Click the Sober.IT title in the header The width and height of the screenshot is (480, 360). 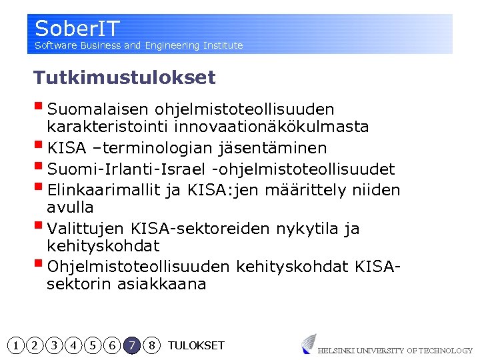pos(77,29)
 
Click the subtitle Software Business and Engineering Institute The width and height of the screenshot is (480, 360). pos(139,45)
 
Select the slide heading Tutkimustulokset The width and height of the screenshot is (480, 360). pos(125,78)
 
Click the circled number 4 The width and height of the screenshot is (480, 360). pos(74,345)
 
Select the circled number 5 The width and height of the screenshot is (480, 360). pos(93,345)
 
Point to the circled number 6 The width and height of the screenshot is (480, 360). pos(113,345)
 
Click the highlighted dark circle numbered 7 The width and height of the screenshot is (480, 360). pos(133,345)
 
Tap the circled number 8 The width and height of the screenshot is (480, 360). pos(152,345)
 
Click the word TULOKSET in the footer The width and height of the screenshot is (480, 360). pos(196,345)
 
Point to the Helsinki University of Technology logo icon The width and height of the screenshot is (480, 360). pos(308,343)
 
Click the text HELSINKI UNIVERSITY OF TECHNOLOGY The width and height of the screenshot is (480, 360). pos(395,350)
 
